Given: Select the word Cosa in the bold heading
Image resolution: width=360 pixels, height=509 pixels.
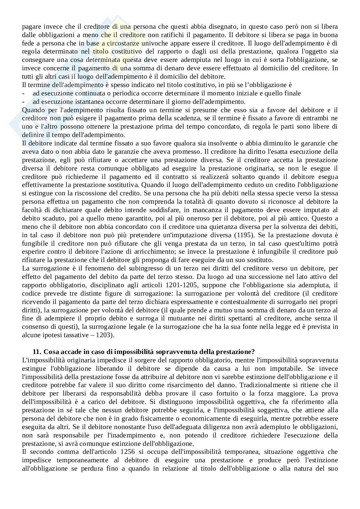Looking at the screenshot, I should [x=51, y=351].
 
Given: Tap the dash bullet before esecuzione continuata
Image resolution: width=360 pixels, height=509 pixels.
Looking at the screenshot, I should [x=23, y=93].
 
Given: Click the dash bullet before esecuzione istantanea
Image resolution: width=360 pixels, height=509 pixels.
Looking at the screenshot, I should [x=23, y=102].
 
